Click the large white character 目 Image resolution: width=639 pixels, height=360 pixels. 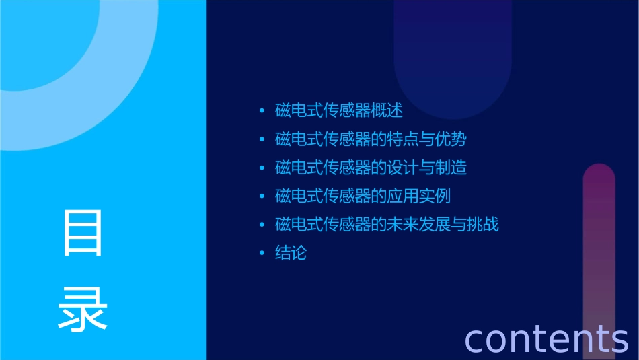[83, 233]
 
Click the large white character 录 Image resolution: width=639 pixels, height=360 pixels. [83, 308]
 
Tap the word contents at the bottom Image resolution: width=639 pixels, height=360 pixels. [546, 338]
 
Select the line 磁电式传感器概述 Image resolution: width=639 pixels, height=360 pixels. [339, 111]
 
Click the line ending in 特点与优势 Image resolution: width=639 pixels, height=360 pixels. [371, 139]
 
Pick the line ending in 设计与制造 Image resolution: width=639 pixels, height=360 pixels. [371, 168]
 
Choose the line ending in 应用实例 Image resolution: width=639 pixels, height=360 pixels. [363, 196]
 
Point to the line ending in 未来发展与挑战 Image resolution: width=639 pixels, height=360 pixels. [387, 224]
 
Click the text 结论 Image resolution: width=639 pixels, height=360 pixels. [291, 253]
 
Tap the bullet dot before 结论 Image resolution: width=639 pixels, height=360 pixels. [262, 253]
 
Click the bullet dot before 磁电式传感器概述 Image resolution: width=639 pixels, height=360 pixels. [262, 111]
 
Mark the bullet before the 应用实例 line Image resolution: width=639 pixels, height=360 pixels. [262, 196]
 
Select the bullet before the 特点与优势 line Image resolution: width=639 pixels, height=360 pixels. [262, 139]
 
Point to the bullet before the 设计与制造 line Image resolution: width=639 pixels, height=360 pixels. [262, 168]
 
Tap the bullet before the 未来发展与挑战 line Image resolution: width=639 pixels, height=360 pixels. [262, 224]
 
